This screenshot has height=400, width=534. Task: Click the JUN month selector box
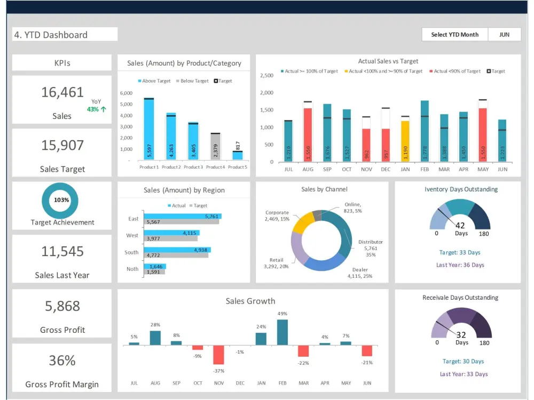point(504,35)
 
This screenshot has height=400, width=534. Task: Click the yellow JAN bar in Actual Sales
point(405,141)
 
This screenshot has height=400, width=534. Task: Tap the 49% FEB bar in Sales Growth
point(282,332)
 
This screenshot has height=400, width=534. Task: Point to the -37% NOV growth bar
point(218,354)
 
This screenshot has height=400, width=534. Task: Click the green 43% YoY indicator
point(96,109)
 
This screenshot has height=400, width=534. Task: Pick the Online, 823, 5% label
point(352,207)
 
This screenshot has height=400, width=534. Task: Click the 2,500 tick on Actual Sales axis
point(266,75)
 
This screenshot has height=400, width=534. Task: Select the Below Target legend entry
point(192,81)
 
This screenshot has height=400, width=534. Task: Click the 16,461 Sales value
point(62,92)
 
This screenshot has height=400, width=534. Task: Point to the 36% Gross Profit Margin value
point(62,361)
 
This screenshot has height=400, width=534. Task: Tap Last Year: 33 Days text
point(464,374)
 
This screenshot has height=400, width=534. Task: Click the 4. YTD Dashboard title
point(51,35)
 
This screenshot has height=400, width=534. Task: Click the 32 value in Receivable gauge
point(461,335)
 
